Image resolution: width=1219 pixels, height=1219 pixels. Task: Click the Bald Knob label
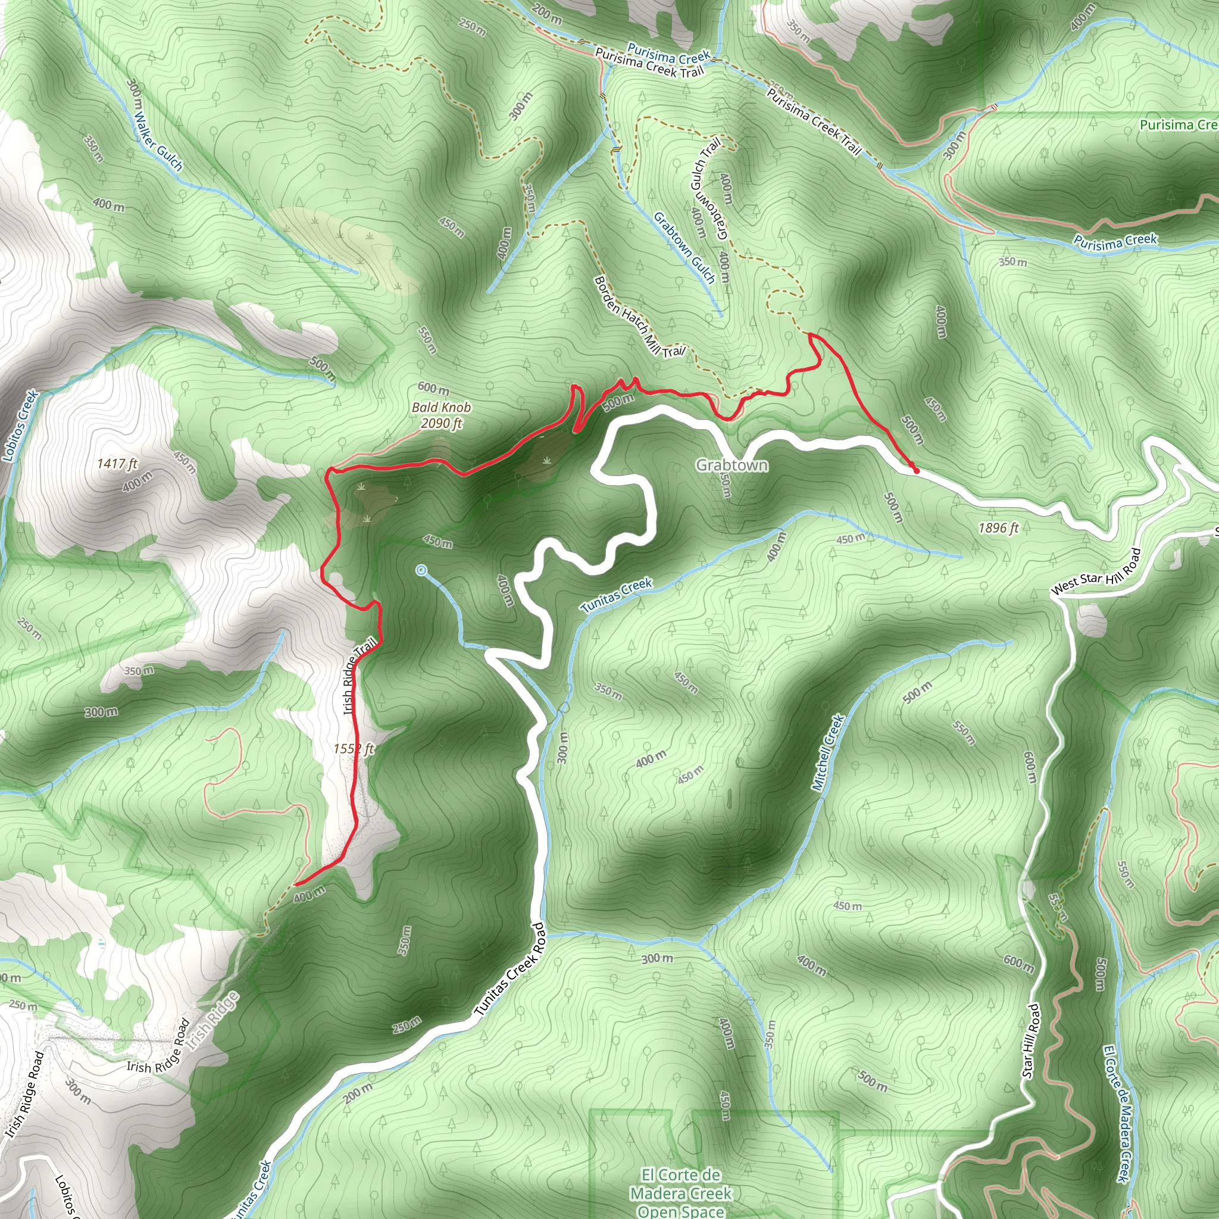point(441,408)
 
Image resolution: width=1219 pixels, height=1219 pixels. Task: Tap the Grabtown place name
point(732,465)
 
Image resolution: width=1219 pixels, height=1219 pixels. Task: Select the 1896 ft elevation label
point(998,527)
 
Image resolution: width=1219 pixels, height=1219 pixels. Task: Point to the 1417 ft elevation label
point(117,464)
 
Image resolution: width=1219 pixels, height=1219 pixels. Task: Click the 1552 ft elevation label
point(354,749)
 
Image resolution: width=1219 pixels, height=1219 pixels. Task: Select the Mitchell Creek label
point(828,752)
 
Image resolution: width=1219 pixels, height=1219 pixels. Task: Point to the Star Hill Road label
point(1030,1040)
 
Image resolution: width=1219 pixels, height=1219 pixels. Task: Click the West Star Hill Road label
point(1096,571)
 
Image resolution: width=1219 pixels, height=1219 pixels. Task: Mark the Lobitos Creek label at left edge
point(21,427)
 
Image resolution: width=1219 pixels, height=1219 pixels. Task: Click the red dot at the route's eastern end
point(916,470)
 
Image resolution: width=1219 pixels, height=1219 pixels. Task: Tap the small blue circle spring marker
point(421,570)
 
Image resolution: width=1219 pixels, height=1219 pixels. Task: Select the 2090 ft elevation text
point(441,423)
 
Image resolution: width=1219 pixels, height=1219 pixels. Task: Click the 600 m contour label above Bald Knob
point(433,389)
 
